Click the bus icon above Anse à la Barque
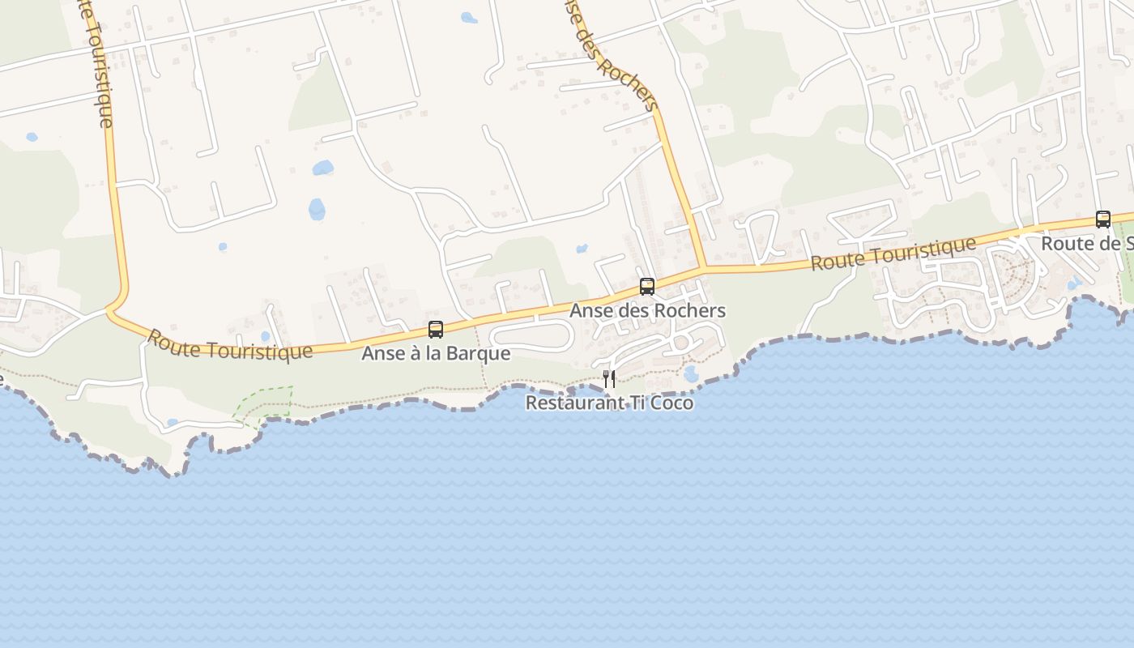coord(436,330)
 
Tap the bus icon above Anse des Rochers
coord(646,286)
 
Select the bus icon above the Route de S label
coord(1102,219)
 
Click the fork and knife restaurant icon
coord(609,378)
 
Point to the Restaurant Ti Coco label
coord(609,403)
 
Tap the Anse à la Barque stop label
coord(436,354)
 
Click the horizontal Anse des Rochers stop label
coord(646,310)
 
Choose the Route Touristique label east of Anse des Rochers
coord(893,254)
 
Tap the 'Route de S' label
coord(1085,243)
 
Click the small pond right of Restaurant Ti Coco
coord(690,373)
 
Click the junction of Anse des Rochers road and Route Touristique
coord(702,267)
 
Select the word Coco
coord(671,403)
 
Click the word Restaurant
coord(565,403)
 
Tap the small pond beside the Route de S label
coord(1074,284)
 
